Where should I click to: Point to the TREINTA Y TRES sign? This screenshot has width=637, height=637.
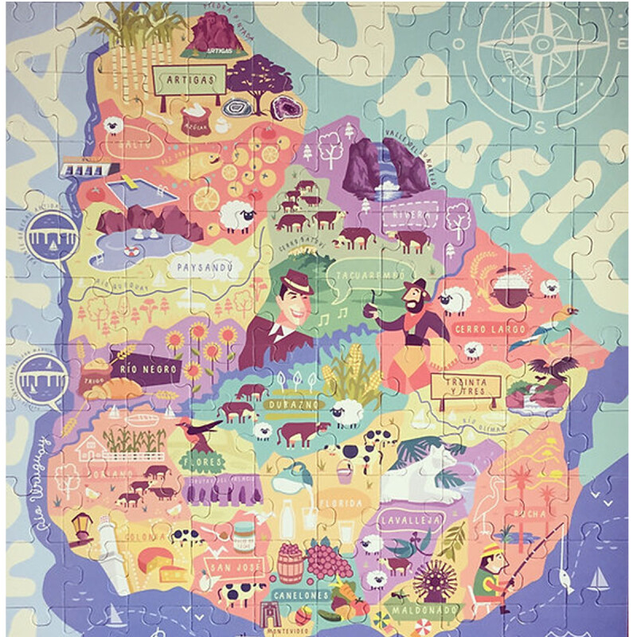(x=465, y=386)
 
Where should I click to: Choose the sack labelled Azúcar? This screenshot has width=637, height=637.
(x=193, y=120)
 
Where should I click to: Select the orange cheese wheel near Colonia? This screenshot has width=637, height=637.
(x=153, y=560)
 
